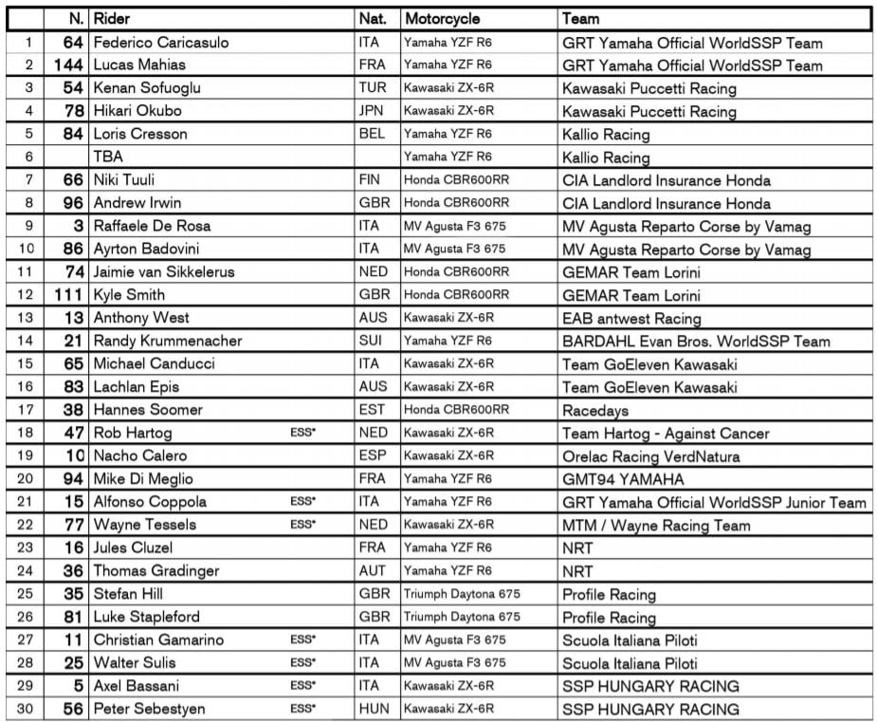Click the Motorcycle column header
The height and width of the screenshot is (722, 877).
[442, 18]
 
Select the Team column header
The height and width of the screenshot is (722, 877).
[580, 18]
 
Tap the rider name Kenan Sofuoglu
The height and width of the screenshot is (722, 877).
[147, 88]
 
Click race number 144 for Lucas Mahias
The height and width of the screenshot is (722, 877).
[69, 65]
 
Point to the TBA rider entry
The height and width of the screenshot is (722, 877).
[108, 157]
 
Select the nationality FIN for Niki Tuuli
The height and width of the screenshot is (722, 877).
[371, 179]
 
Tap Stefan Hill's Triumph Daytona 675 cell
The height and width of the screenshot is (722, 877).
[462, 594]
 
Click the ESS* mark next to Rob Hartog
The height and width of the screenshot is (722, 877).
[302, 433]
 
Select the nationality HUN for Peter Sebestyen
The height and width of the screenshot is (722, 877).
[374, 709]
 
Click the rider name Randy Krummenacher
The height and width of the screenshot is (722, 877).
[168, 341]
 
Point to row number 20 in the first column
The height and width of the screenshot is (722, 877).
[27, 479]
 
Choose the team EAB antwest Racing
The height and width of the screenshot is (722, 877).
[631, 319]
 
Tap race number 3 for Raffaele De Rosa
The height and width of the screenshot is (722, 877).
[79, 226]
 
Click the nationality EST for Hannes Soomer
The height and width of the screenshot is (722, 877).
[373, 410]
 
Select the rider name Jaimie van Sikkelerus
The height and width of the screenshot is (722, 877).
[164, 271]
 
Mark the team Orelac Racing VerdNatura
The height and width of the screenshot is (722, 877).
[650, 456]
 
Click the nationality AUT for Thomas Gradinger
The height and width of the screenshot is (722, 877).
[373, 571]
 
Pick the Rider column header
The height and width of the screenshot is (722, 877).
[112, 18]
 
